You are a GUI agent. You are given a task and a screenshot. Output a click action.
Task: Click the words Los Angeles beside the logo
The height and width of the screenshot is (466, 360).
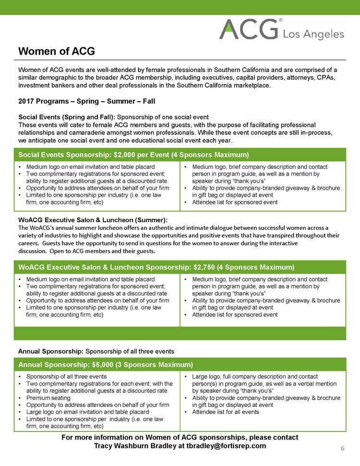[314, 34]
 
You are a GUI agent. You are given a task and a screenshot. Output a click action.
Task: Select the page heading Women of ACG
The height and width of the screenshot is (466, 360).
[56, 51]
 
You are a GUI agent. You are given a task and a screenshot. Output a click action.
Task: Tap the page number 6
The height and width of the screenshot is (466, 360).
[343, 448]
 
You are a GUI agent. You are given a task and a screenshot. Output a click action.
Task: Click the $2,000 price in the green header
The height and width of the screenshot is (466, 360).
[126, 155]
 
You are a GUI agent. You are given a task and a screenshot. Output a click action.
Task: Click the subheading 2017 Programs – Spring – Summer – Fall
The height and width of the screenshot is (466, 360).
[86, 102]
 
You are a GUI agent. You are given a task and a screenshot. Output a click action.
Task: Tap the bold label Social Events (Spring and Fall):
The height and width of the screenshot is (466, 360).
[67, 117]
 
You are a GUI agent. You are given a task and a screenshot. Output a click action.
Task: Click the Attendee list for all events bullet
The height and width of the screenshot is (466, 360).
[226, 412]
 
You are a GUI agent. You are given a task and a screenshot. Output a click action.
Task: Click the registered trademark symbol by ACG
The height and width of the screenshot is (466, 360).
[281, 21]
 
